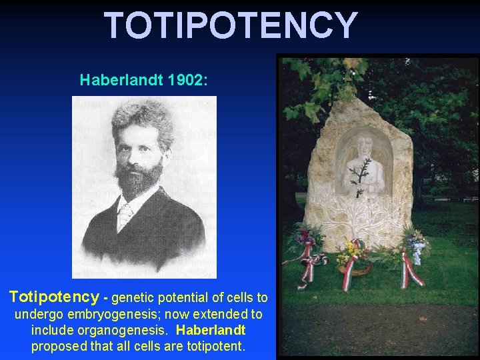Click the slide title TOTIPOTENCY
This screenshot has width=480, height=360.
[x=231, y=25]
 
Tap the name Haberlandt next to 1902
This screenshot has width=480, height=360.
[x=122, y=81]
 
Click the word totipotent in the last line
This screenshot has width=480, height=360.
[x=215, y=346]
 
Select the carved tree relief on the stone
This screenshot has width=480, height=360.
[x=359, y=213]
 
